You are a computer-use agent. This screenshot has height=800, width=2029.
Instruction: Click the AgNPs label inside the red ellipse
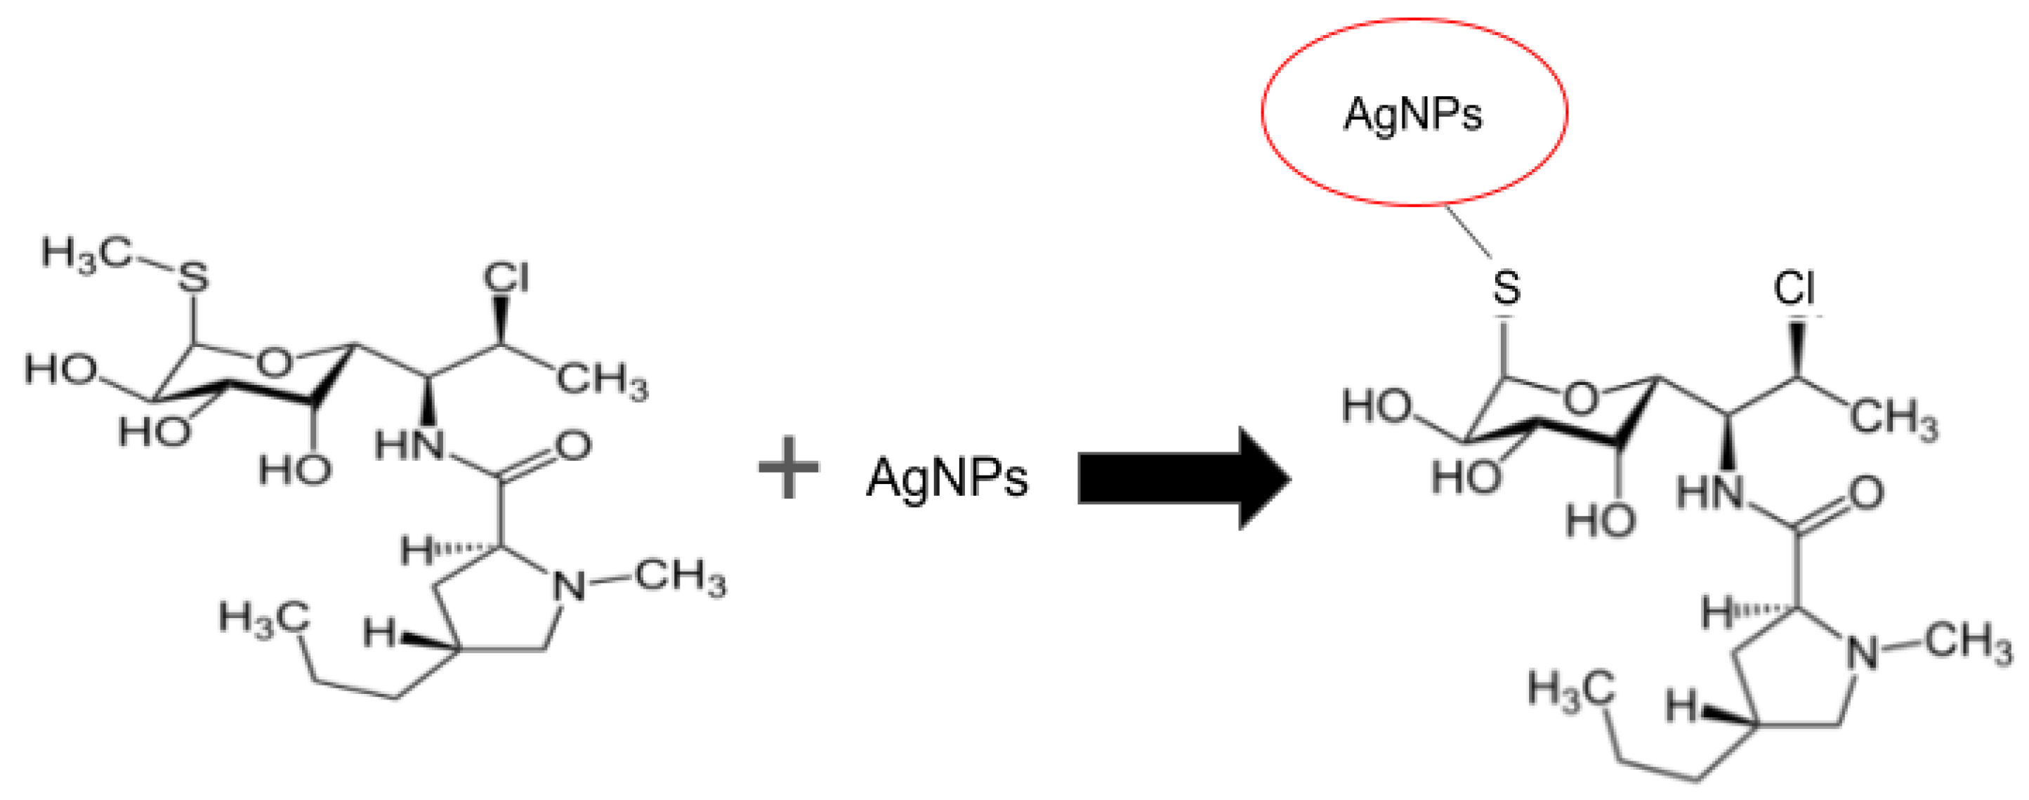[1412, 115]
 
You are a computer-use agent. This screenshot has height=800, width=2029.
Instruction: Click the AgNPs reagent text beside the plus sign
[947, 478]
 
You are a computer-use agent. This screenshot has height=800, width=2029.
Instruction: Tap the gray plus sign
[789, 468]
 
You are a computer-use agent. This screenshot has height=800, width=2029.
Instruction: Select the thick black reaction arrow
[1181, 478]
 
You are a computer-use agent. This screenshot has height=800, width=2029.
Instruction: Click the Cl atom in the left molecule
[506, 279]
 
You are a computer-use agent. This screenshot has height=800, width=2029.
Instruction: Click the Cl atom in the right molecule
[1795, 289]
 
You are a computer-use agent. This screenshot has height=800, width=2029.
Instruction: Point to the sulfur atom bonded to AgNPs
[1506, 288]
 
